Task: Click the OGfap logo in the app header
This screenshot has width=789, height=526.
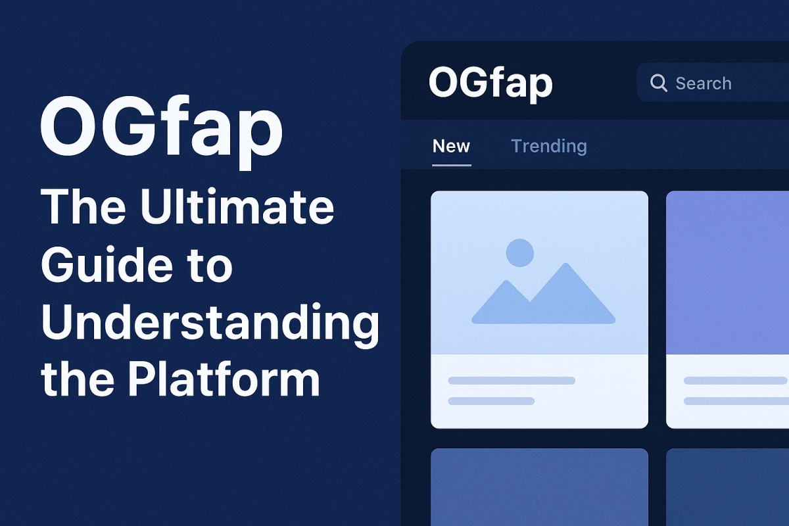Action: pos(490,84)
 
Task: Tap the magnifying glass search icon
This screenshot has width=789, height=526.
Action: pos(658,83)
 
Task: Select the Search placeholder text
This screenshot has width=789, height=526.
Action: pos(704,84)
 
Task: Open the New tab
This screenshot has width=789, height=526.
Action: pos(451,146)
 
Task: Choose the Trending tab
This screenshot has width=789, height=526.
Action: pos(548,146)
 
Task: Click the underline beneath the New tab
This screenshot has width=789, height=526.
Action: pos(452,164)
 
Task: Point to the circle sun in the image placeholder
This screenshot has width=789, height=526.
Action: pos(520,253)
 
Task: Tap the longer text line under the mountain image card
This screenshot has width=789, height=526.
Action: pos(512,381)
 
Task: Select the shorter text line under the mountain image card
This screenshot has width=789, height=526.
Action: pos(491,400)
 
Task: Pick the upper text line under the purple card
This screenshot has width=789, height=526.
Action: pos(735,381)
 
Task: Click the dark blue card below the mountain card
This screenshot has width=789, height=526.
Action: pos(539,487)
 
